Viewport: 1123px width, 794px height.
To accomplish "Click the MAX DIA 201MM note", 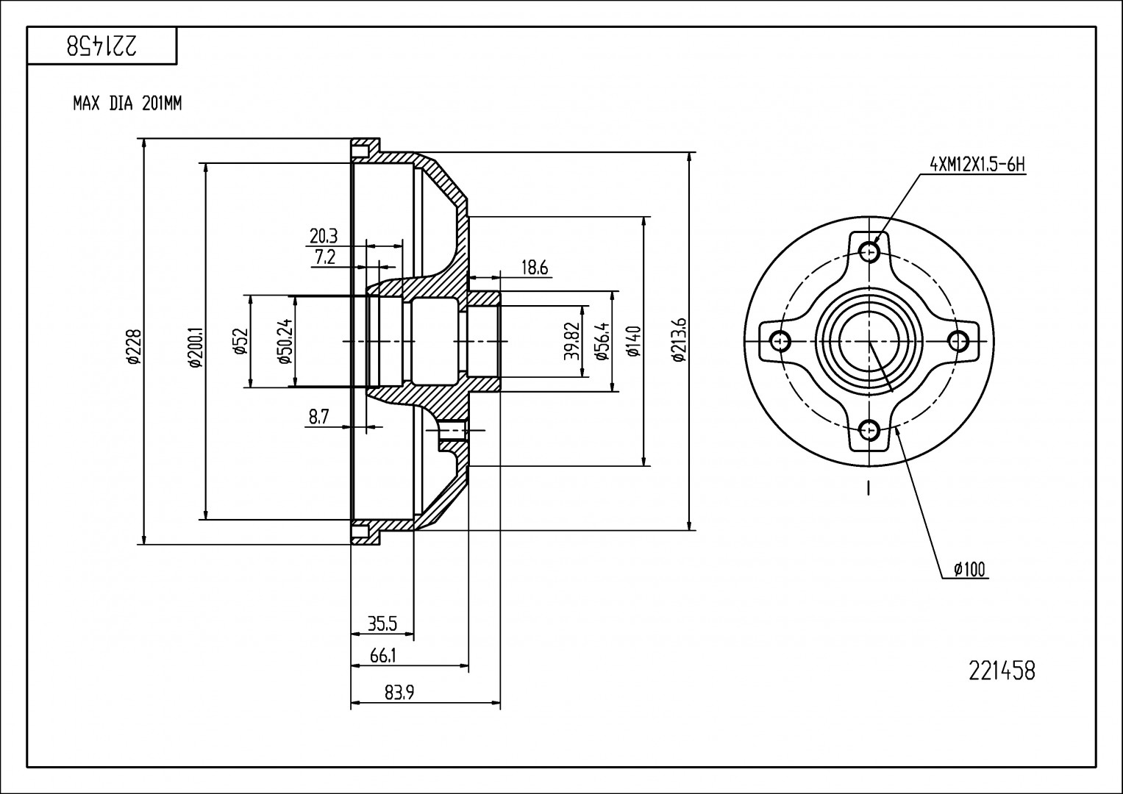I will (126, 104).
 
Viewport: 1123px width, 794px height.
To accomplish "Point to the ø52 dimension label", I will (240, 341).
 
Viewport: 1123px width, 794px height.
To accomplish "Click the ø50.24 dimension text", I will (283, 341).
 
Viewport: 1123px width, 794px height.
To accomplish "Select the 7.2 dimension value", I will (324, 257).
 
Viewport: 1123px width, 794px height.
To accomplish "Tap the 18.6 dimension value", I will (534, 268).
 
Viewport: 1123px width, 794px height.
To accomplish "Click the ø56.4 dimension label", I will (602, 341).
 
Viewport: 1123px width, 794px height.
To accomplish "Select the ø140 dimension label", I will (634, 341).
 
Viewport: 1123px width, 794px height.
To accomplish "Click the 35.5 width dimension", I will (382, 625).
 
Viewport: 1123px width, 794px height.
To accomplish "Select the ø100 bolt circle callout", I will (970, 568).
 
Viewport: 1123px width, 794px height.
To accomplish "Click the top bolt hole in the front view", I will (870, 252).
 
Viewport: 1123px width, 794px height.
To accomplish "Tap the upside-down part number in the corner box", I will (101, 46).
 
